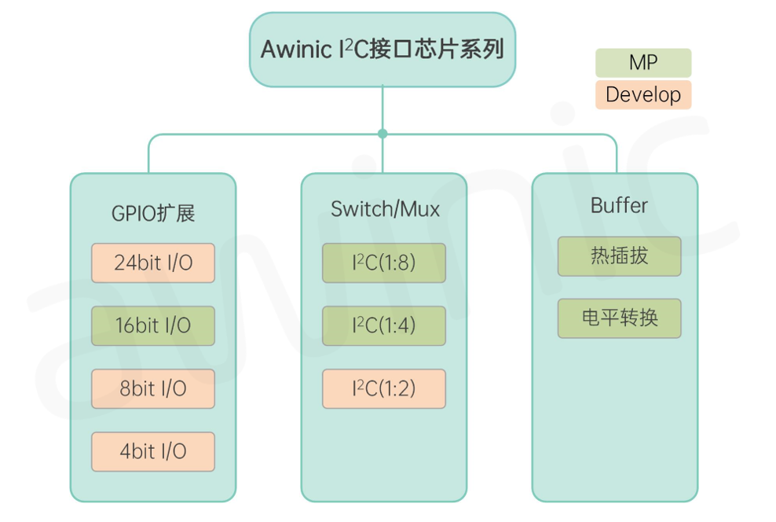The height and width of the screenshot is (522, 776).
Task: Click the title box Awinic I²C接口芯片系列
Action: coord(383,50)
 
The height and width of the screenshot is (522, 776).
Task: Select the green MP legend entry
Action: coord(642,63)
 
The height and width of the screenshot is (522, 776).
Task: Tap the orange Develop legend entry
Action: coord(642,95)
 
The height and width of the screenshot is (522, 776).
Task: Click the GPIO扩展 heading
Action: coord(153,213)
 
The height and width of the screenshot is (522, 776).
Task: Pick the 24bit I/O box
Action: coord(153,263)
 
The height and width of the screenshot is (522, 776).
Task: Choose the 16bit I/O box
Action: coord(153,325)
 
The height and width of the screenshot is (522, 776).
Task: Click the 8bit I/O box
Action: coord(153,388)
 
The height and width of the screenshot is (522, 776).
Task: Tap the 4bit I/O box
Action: coord(153,451)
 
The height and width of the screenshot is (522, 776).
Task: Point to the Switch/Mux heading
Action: coord(385,209)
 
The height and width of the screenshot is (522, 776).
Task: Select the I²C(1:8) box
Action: coord(384,263)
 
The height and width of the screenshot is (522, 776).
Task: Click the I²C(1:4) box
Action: coord(384,325)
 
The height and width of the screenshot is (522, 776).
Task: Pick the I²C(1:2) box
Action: coord(384,388)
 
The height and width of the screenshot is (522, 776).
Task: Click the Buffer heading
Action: coord(619,206)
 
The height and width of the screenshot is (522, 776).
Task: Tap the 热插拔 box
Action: coord(619,255)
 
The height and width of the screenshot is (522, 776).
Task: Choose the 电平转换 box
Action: coord(619,318)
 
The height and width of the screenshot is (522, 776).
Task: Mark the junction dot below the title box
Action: coord(383,134)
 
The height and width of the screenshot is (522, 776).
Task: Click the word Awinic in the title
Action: coord(296,50)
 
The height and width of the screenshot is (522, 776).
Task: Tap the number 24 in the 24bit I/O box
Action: coord(124,263)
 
